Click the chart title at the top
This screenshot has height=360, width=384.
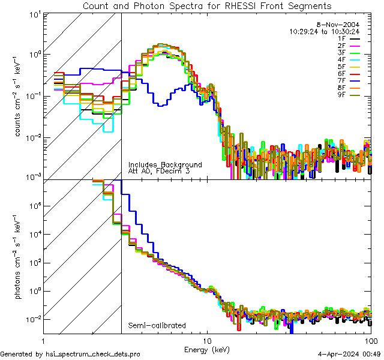coord(206,5)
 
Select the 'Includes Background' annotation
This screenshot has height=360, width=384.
coord(165,164)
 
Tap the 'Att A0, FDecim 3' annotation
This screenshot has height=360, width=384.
coord(158,171)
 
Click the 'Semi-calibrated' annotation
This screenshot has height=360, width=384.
coord(157,326)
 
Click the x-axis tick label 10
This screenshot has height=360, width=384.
coord(207,340)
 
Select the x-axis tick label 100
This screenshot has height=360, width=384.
coord(370,340)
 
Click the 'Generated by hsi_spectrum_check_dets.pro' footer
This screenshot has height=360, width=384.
coord(70,354)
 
